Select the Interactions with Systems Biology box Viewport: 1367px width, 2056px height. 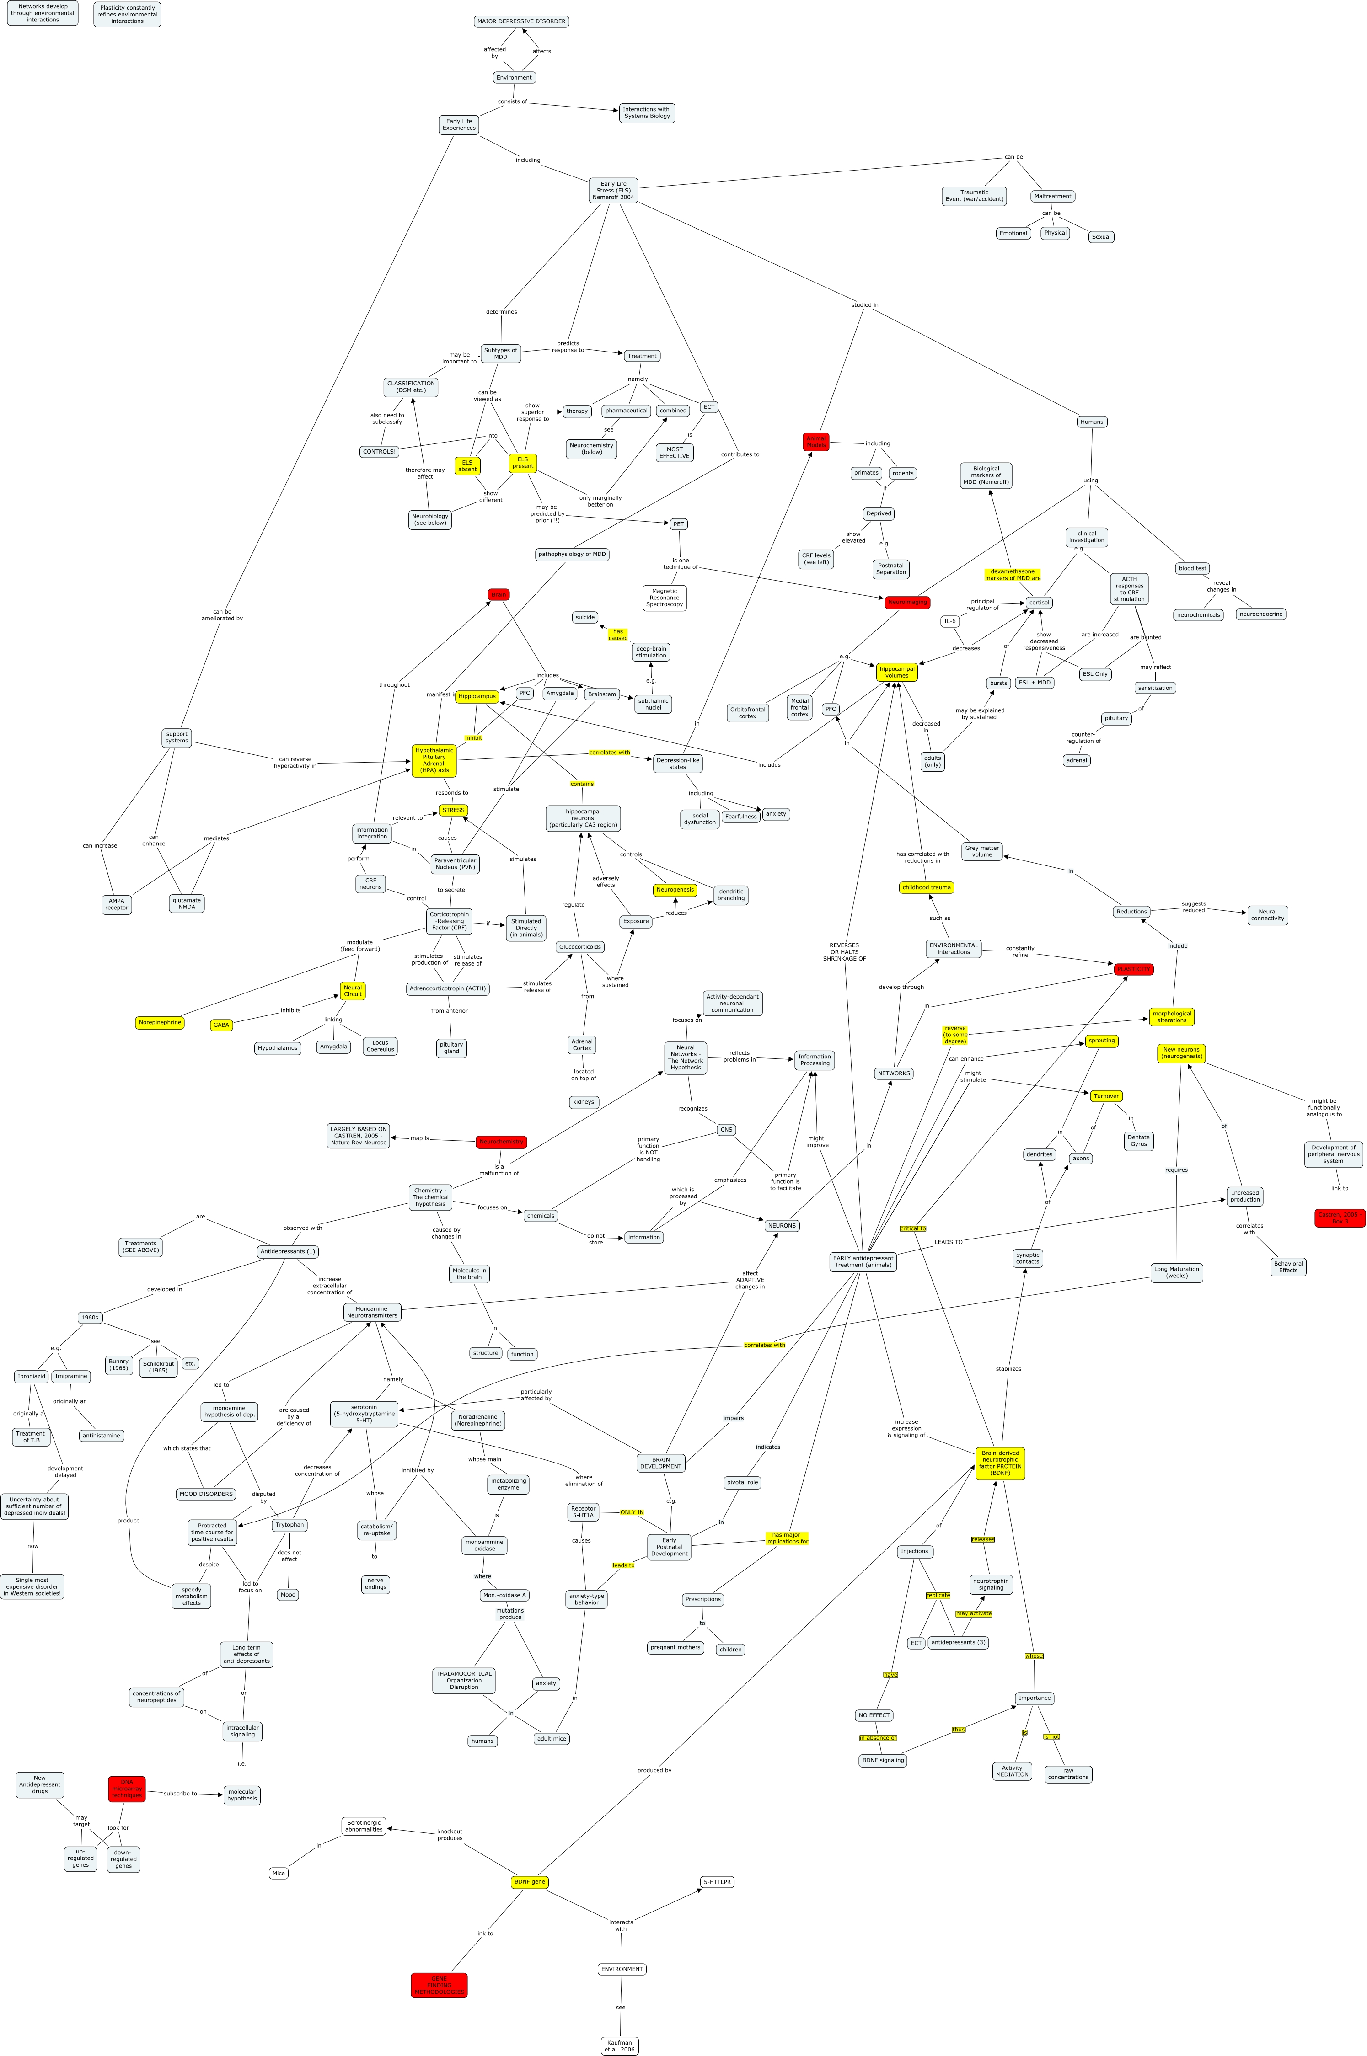click(x=647, y=112)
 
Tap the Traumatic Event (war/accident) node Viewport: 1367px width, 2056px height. click(x=974, y=196)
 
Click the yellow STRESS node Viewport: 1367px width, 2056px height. click(x=453, y=811)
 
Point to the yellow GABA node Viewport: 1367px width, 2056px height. click(x=221, y=1025)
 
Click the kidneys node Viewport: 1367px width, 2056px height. click(x=583, y=1102)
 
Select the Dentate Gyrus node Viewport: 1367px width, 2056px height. click(x=1139, y=1141)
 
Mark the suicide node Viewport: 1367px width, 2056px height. click(x=585, y=617)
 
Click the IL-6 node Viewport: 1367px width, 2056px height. click(x=949, y=621)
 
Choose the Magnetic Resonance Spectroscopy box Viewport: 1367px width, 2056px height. click(x=665, y=598)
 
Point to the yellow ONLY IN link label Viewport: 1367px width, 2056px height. click(x=632, y=1512)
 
